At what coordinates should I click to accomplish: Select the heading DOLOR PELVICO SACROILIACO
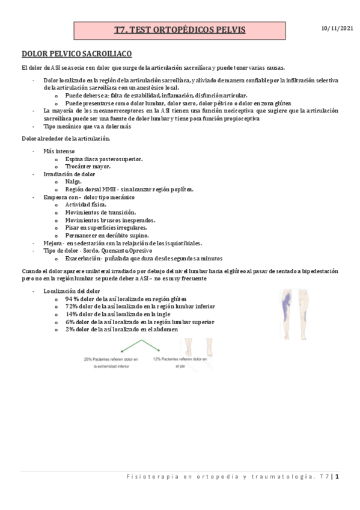pos(77,53)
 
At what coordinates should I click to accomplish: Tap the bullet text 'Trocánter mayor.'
pos(90,166)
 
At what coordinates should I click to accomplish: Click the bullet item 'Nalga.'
pos(73,181)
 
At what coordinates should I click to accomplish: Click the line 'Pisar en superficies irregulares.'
pos(106,228)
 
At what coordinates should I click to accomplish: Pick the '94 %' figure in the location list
pos(73,298)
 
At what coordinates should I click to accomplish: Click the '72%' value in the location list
pos(72,306)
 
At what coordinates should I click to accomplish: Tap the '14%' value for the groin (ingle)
pos(72,314)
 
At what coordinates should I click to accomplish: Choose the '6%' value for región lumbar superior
pos(70,322)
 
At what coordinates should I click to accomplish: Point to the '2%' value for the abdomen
pos(70,330)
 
